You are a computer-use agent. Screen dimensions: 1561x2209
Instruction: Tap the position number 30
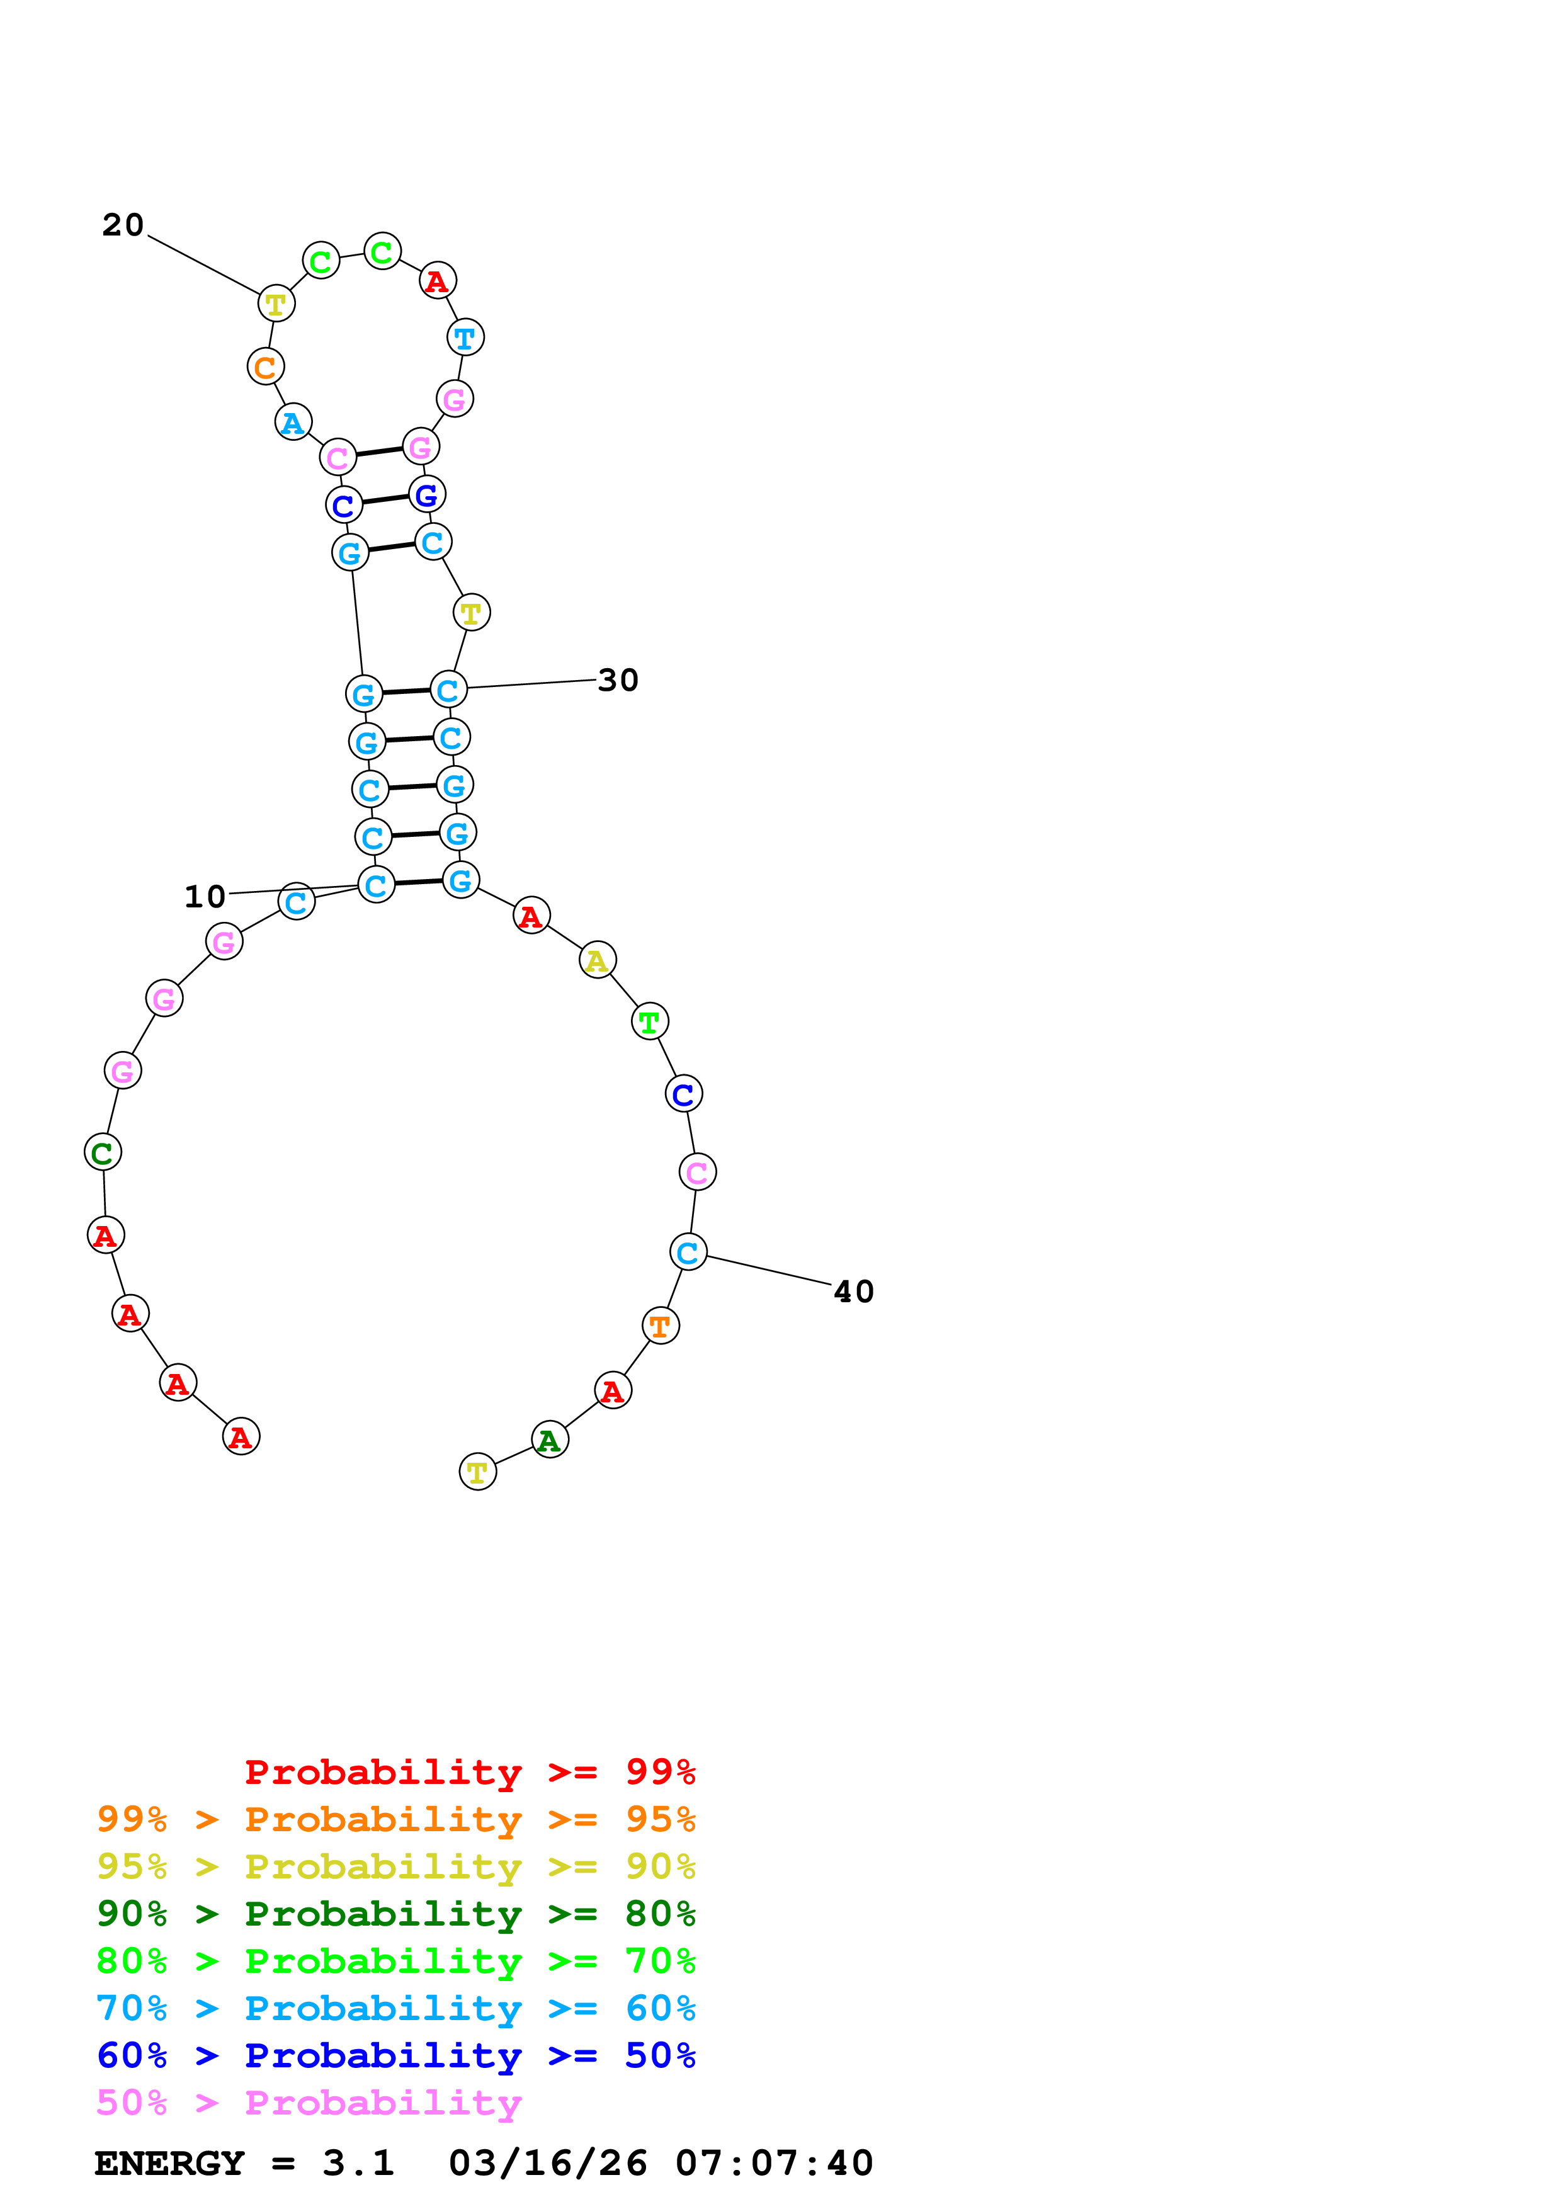pyautogui.click(x=618, y=680)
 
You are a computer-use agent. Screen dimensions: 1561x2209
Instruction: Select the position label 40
pyautogui.click(x=853, y=1291)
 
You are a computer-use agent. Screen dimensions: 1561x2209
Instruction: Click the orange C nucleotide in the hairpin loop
pyautogui.click(x=266, y=366)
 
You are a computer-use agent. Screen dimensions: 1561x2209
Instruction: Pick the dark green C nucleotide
pyautogui.click(x=103, y=1152)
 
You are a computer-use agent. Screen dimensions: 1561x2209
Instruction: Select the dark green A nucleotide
pyautogui.click(x=549, y=1440)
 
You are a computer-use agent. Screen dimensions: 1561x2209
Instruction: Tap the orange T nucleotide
pyautogui.click(x=660, y=1326)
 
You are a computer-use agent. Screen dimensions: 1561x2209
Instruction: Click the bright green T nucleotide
pyautogui.click(x=649, y=1022)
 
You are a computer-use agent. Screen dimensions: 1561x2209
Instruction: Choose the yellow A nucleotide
pyautogui.click(x=598, y=960)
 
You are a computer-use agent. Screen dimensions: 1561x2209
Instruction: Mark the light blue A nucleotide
pyautogui.click(x=292, y=423)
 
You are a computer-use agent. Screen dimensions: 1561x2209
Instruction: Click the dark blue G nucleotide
pyautogui.click(x=426, y=494)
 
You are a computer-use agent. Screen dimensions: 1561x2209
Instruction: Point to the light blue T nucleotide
pyautogui.click(x=465, y=338)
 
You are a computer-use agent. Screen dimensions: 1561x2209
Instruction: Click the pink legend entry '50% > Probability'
pyautogui.click(x=309, y=2102)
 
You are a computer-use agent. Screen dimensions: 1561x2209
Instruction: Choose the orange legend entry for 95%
pyautogui.click(x=395, y=1819)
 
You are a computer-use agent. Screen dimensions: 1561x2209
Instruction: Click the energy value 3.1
pyautogui.click(x=358, y=2163)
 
